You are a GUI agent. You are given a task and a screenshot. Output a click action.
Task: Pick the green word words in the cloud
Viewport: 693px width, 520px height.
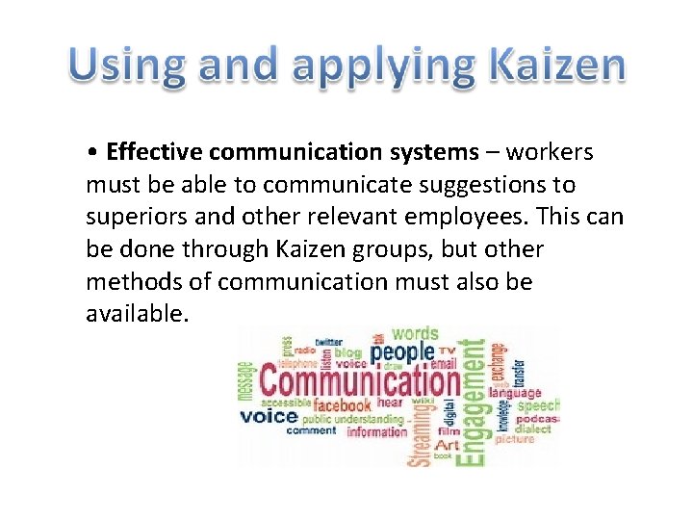click(415, 335)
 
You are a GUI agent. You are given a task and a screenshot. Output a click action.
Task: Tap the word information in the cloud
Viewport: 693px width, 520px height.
click(376, 432)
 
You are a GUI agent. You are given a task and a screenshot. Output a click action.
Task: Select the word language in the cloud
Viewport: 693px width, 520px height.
click(515, 394)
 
